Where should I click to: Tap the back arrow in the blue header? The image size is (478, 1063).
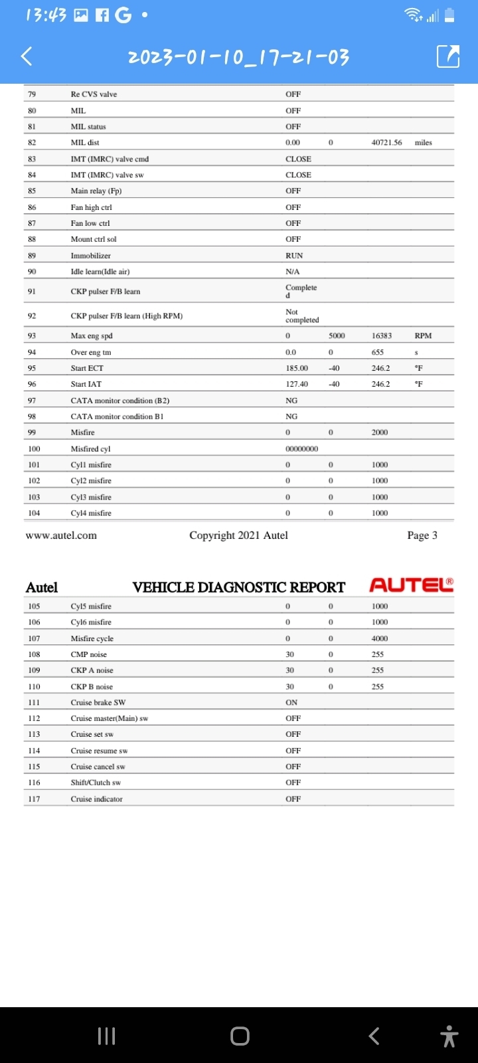[27, 56]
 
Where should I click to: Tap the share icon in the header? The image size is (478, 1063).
[448, 56]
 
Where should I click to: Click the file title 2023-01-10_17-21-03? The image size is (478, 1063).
[238, 57]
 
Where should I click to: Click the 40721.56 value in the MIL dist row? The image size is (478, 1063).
[386, 143]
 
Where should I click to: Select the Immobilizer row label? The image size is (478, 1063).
[91, 256]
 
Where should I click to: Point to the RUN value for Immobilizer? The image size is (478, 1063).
[294, 256]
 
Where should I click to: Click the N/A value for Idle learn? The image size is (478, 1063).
[293, 272]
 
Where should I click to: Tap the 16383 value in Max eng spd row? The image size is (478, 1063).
[382, 336]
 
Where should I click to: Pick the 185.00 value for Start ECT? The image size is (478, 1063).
[297, 368]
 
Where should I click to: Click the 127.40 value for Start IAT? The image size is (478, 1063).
[297, 384]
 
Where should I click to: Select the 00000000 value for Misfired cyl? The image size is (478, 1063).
[301, 449]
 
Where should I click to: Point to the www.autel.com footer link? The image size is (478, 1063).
[61, 535]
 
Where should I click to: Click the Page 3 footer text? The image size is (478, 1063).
[422, 535]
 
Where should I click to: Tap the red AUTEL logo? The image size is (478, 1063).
[411, 585]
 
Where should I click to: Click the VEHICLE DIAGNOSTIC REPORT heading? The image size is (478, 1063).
[238, 587]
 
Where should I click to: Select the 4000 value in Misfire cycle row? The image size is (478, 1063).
[380, 638]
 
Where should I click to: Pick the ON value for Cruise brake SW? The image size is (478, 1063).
[291, 702]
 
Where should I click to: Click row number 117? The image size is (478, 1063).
[34, 799]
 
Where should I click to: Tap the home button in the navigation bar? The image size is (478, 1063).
[240, 1036]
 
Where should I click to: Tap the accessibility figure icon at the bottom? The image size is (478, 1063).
[449, 1036]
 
